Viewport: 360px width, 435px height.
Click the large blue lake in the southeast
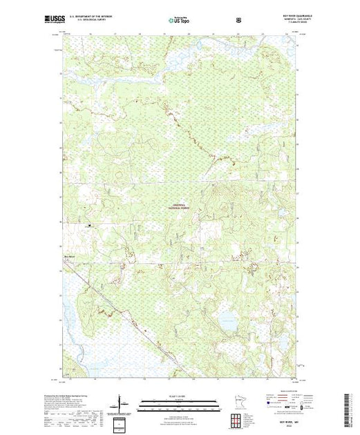(x=225, y=320)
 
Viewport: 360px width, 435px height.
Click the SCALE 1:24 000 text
(x=179, y=396)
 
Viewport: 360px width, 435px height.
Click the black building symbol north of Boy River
(x=88, y=224)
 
